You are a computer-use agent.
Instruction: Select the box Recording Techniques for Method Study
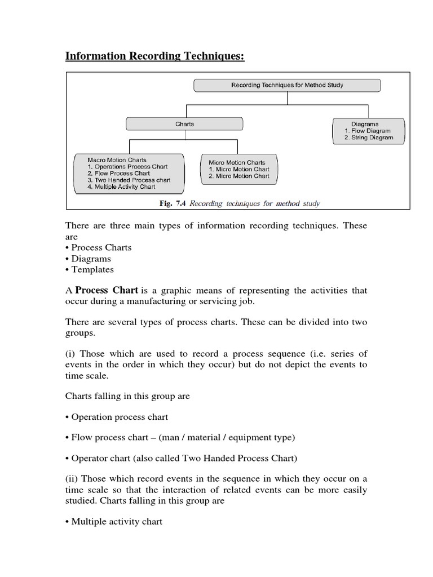coord(287,85)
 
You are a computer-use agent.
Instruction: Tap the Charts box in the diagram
coord(184,124)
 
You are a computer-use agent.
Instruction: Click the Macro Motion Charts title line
coord(117,160)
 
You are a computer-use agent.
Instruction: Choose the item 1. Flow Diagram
coord(368,131)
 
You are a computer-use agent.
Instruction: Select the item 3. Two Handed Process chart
coord(128,180)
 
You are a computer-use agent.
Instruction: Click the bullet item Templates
coord(92,270)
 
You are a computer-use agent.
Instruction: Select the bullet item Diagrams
coord(91,259)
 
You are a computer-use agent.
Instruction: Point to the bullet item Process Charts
coord(101,248)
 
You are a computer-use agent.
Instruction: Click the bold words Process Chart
coord(107,291)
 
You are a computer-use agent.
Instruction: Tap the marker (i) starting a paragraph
coord(71,354)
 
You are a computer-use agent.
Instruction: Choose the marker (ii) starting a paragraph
coord(73,479)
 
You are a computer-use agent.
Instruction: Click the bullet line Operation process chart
coord(120,417)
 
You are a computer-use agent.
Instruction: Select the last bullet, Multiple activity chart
coord(117,522)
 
